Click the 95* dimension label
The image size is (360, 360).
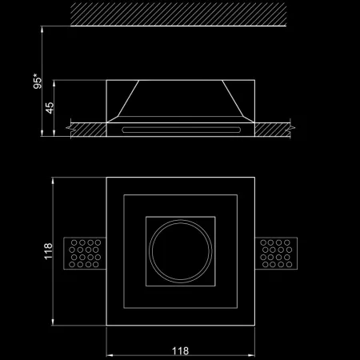click(38, 81)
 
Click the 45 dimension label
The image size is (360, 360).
click(50, 108)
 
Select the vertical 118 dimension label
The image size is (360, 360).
click(48, 251)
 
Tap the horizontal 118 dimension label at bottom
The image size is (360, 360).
click(180, 351)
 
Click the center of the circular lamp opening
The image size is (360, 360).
click(181, 251)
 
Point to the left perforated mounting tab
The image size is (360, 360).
click(85, 254)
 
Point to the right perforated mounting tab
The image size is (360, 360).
click(276, 254)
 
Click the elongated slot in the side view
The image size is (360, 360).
click(181, 130)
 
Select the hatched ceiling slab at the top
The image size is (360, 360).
click(178, 14)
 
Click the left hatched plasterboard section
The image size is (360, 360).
click(88, 130)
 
